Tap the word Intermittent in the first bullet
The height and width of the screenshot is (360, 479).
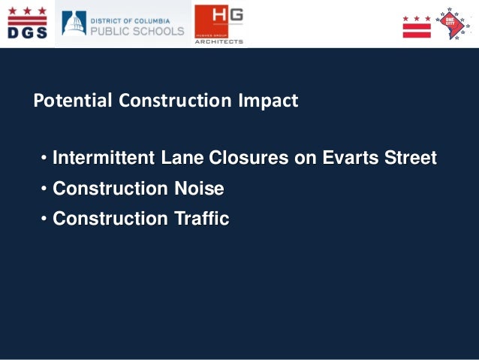point(104,159)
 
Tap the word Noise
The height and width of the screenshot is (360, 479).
point(199,189)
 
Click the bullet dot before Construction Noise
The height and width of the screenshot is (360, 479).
point(44,189)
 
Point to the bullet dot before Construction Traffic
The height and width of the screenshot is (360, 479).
point(44,219)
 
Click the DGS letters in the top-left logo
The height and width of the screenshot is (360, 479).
point(28,32)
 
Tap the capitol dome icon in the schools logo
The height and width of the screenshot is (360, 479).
point(74,24)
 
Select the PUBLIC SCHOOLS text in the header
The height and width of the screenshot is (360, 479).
point(137,32)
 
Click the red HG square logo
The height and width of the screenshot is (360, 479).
point(218,20)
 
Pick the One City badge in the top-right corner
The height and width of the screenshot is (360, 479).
point(452,23)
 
